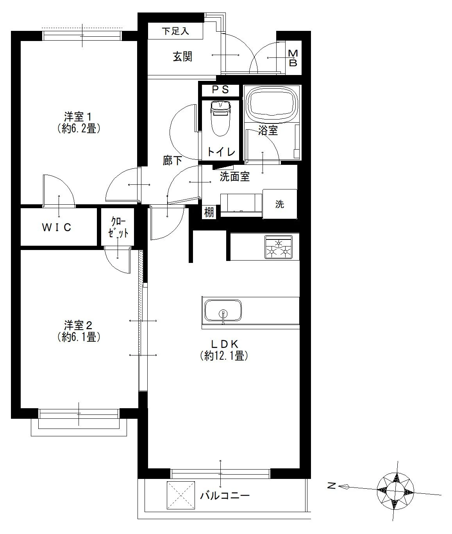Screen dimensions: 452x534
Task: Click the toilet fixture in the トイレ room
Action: (220, 118)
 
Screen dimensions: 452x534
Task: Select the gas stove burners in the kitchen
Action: (279, 247)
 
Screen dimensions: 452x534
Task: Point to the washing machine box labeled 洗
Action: (280, 204)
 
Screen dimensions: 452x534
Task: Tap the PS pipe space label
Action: (220, 89)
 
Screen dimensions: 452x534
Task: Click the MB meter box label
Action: (293, 58)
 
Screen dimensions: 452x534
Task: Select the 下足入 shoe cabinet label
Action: (175, 31)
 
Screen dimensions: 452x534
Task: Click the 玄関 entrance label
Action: (183, 57)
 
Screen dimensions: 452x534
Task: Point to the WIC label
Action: (56, 227)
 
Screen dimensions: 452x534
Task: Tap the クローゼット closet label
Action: (118, 227)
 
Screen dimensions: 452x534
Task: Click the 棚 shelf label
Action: (209, 213)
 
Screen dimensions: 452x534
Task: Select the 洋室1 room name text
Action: (78, 117)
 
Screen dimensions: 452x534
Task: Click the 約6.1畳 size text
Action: (79, 337)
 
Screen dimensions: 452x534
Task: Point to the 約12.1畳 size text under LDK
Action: (224, 356)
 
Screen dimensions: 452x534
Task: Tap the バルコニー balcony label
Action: (225, 495)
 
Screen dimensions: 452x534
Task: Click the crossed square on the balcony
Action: (181, 495)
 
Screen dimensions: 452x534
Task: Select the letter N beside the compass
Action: (331, 486)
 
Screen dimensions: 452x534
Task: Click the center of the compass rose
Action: (395, 490)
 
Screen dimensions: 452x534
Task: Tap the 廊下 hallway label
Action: (172, 161)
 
